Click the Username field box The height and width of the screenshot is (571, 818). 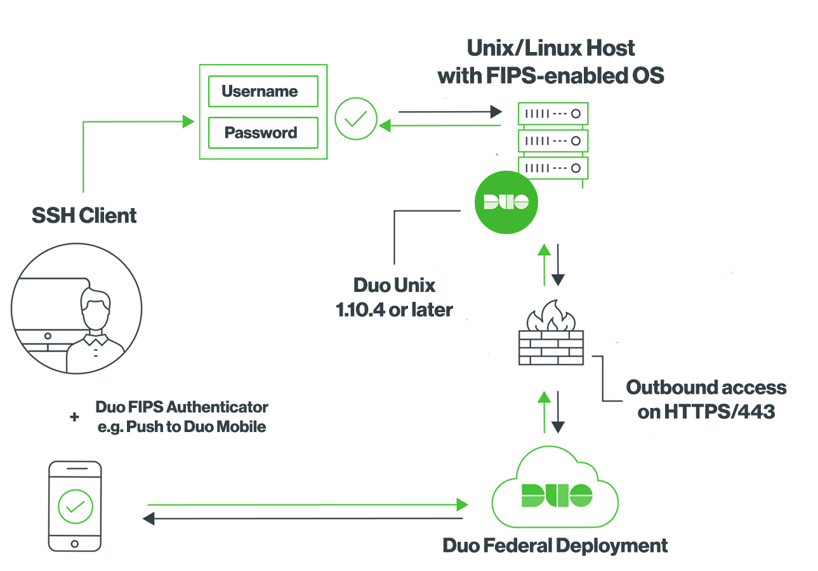click(x=263, y=91)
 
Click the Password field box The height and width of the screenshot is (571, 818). click(x=263, y=133)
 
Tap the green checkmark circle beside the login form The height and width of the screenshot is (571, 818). click(x=356, y=119)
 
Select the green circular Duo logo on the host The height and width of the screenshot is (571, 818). click(x=506, y=202)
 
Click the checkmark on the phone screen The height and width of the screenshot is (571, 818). click(x=75, y=506)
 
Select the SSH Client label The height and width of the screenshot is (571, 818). click(x=84, y=216)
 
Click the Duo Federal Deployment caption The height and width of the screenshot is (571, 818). click(x=555, y=546)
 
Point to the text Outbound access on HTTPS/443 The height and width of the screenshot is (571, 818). click(x=706, y=399)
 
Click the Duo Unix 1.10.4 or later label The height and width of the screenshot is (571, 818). click(x=394, y=296)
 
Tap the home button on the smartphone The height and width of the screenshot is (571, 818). click(x=75, y=544)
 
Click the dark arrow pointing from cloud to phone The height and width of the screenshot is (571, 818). click(x=305, y=518)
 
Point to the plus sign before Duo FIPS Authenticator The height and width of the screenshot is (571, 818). click(x=75, y=417)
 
